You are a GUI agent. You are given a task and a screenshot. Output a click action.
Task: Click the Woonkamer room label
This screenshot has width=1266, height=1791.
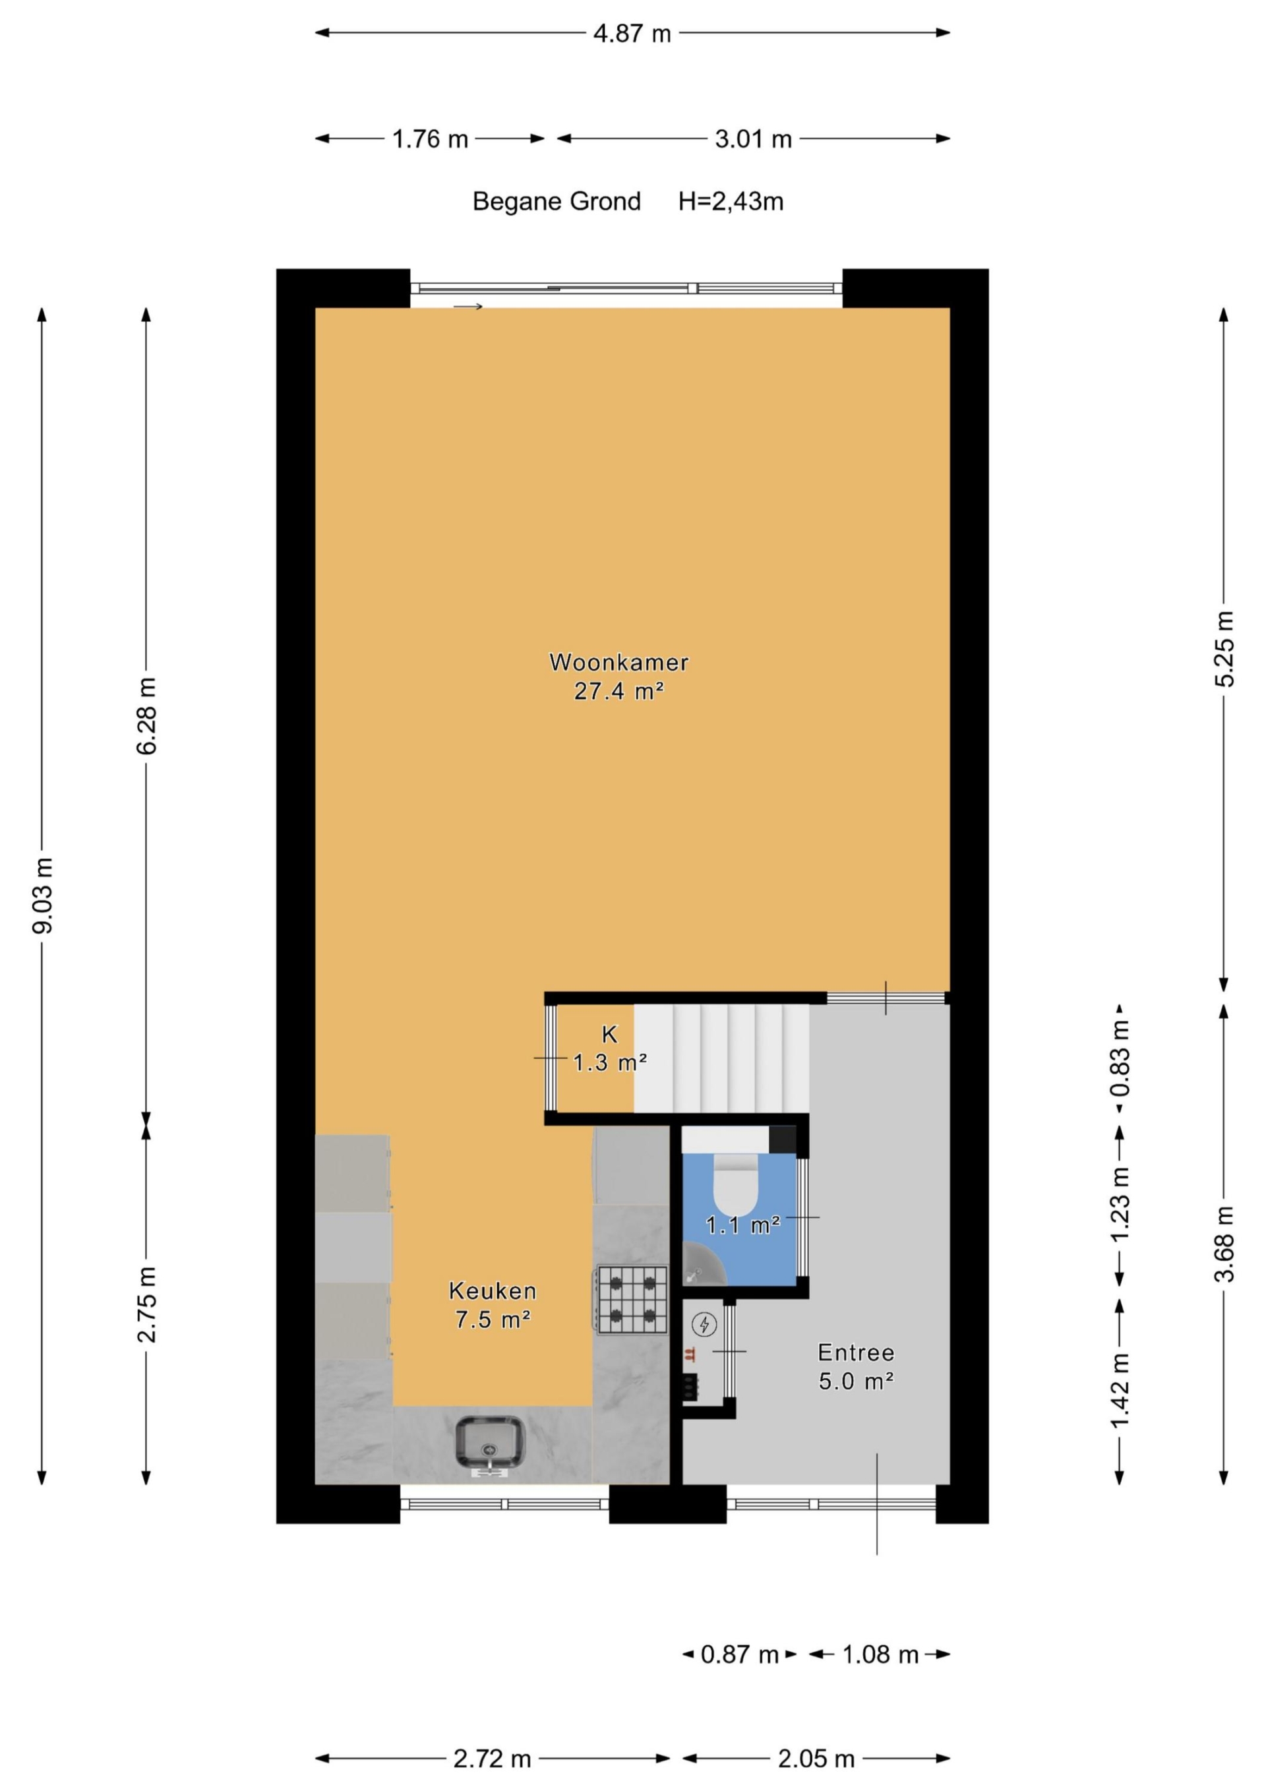coord(618,662)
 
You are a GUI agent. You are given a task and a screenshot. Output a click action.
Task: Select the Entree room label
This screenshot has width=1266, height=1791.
coord(856,1352)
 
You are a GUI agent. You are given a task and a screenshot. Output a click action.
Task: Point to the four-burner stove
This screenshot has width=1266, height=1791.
coord(632,1300)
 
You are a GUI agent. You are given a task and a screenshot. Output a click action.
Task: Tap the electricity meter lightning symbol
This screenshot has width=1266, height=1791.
coord(705,1323)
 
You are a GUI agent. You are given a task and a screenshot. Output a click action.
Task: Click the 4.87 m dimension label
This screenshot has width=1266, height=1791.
coord(632,34)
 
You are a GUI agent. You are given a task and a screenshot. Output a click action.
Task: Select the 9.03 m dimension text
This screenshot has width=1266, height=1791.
coord(44,895)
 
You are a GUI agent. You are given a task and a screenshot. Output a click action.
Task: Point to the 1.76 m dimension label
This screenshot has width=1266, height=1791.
coord(430,140)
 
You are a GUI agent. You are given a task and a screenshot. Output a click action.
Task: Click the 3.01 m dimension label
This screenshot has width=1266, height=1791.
coord(754,140)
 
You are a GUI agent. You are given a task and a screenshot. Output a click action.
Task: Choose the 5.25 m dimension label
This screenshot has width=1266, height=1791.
coord(1224,649)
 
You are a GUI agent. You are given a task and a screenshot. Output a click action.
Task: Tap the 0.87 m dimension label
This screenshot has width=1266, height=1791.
coord(739,1654)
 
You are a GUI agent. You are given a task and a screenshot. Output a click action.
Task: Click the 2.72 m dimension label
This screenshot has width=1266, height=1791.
coord(492,1759)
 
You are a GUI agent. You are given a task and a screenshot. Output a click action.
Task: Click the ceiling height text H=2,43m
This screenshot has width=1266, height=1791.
coord(731,201)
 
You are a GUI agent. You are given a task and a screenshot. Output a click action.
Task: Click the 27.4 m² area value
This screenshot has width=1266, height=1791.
coord(618,691)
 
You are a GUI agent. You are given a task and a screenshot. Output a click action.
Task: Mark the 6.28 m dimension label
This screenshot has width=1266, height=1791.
coord(146,715)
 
